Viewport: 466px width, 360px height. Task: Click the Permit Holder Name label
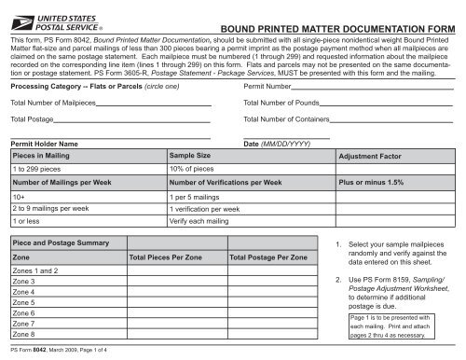tap(43, 145)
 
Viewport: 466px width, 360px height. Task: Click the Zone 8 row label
tap(24, 333)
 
